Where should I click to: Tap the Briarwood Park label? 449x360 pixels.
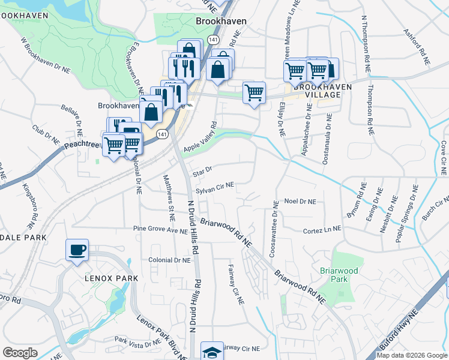(339, 275)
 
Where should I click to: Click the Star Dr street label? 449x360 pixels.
(199, 172)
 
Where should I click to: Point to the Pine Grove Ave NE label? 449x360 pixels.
(161, 229)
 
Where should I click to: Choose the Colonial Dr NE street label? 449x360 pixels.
(169, 260)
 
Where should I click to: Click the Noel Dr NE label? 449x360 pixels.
(300, 202)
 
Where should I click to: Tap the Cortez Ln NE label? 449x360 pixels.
(322, 229)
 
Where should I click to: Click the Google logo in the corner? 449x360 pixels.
(20, 353)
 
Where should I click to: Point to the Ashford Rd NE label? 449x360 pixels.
(417, 47)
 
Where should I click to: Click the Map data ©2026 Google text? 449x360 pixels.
(412, 355)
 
